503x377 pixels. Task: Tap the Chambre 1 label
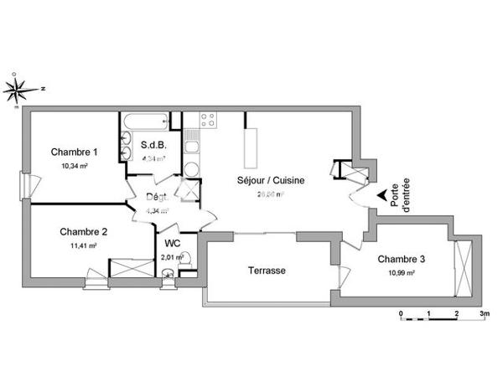(x=75, y=152)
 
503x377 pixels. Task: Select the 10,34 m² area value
(x=75, y=166)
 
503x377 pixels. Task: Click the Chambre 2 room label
(x=83, y=232)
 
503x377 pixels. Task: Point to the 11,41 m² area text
(x=83, y=245)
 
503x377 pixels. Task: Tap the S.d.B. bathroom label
(x=153, y=144)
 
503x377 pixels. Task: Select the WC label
(x=173, y=243)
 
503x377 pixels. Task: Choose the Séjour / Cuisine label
(x=271, y=180)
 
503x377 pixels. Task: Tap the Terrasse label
(x=267, y=271)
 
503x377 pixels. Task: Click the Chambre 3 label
(x=401, y=260)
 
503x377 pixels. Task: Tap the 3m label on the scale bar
(x=484, y=313)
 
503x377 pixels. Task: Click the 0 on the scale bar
(x=402, y=313)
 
